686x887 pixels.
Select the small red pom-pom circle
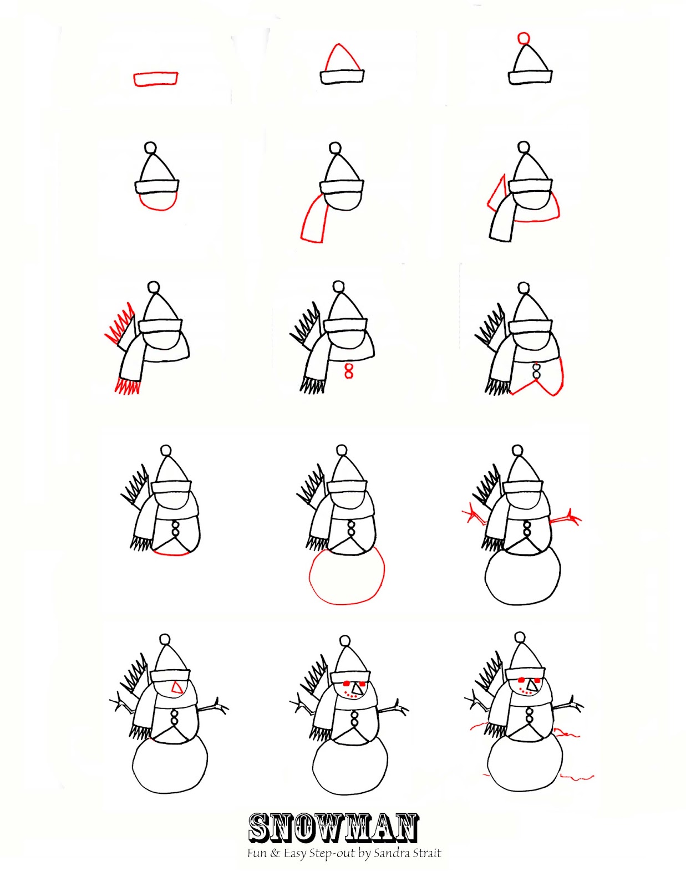523,38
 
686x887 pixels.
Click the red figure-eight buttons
348,371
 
